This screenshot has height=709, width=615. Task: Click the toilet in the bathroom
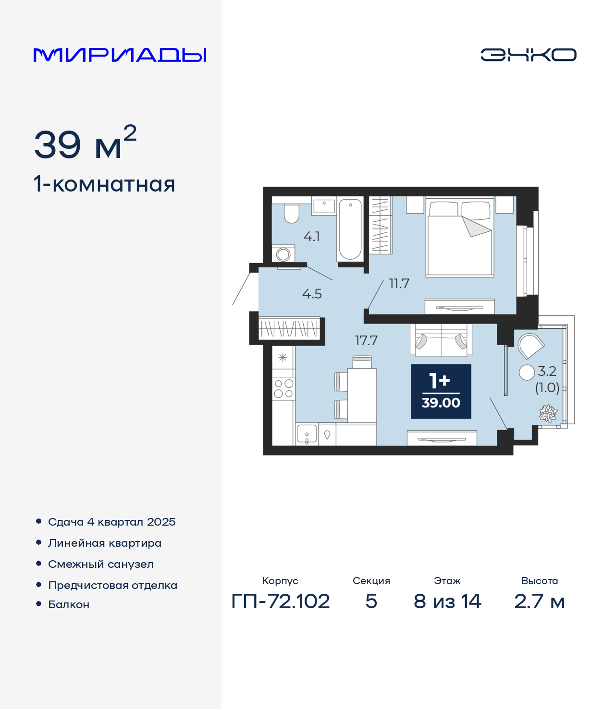click(x=292, y=213)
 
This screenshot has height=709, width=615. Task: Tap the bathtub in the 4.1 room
click(x=350, y=229)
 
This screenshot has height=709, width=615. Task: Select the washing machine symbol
click(x=283, y=253)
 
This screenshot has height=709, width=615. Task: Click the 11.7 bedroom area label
click(x=399, y=284)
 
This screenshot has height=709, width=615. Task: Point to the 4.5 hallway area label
click(x=312, y=294)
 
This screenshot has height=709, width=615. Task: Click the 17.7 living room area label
click(x=366, y=340)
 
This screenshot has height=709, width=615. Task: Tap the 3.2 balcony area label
click(x=547, y=371)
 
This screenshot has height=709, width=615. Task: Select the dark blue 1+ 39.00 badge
click(x=441, y=391)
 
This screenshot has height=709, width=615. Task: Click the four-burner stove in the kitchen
click(x=283, y=389)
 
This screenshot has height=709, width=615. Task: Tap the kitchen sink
click(x=307, y=434)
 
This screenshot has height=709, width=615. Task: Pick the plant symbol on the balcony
click(x=548, y=414)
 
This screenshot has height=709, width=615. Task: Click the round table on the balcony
click(x=527, y=373)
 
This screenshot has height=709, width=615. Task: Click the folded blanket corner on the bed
click(x=476, y=226)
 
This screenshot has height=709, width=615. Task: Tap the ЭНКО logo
click(x=528, y=55)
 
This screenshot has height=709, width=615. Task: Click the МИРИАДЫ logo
click(x=120, y=55)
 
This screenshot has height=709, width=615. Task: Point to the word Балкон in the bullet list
click(x=69, y=604)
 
